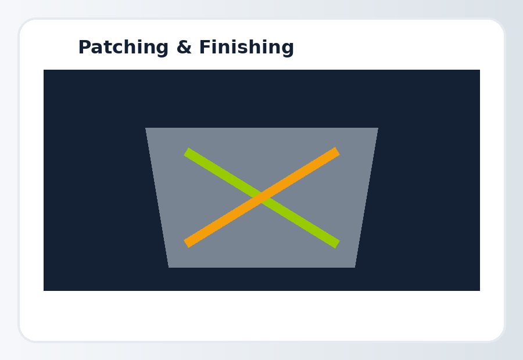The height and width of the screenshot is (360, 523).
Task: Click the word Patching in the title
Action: coord(123,48)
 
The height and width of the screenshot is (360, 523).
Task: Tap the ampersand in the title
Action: coord(184,47)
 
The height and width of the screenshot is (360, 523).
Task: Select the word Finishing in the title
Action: coord(246,48)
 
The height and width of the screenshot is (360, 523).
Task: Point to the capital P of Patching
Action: coord(84,47)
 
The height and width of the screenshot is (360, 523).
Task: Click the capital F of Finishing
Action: coord(205,47)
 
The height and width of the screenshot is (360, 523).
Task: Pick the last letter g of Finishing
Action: coord(288,49)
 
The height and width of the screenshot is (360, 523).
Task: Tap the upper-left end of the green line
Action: coord(187,152)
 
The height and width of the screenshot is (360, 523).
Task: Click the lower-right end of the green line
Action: coord(337,244)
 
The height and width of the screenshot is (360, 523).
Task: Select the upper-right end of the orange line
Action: coord(337,152)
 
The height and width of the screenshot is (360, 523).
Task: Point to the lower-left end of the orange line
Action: coord(187,243)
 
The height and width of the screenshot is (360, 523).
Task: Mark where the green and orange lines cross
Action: coord(262,197)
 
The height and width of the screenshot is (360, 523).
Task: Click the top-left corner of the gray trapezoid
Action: coord(145,128)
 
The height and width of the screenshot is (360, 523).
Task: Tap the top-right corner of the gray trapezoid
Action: coord(378,128)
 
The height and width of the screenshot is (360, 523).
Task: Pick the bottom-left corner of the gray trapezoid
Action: coord(169,267)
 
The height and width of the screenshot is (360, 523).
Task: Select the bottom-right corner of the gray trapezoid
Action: coord(355,267)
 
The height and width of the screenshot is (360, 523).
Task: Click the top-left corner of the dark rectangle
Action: coord(44,70)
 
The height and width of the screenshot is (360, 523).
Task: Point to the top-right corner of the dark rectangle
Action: coord(480,70)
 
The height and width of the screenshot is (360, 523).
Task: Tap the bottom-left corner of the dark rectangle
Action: coord(44,291)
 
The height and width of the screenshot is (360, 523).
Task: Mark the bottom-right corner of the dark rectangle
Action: coord(480,291)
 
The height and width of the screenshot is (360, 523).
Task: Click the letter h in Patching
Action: coord(130,46)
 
